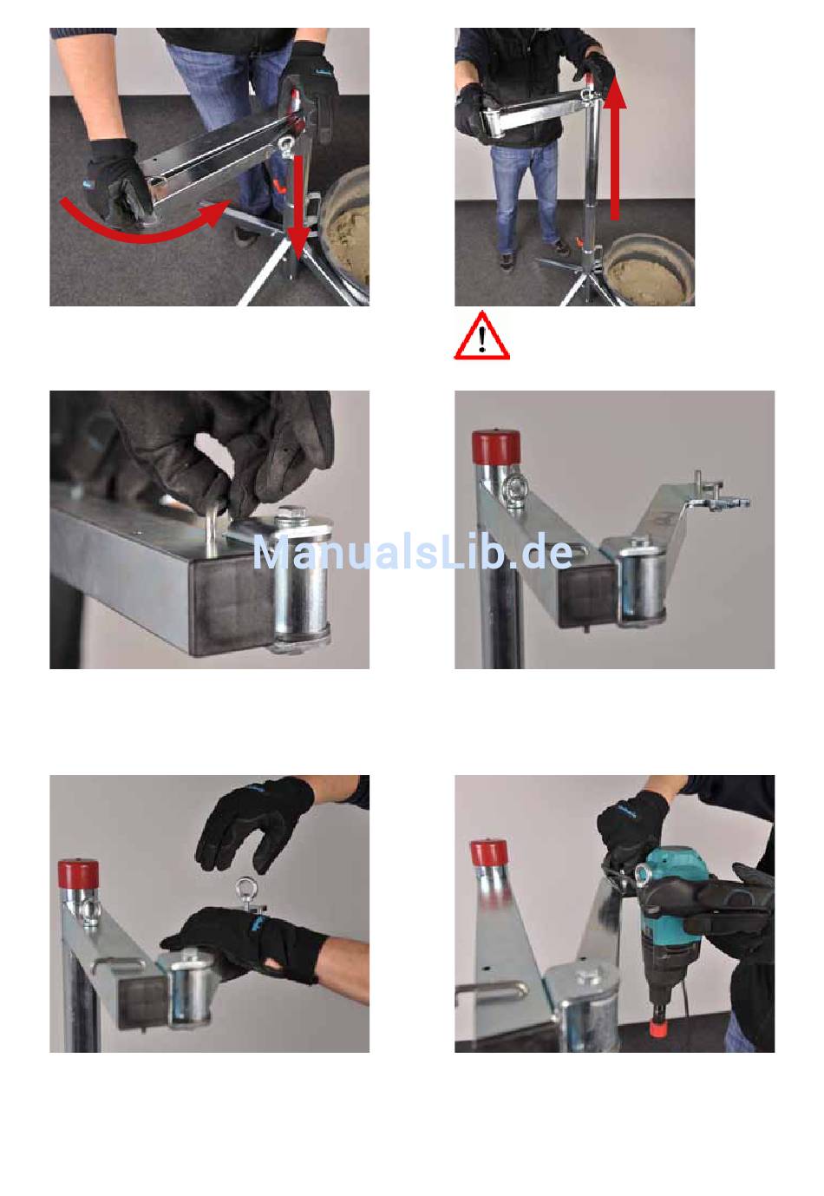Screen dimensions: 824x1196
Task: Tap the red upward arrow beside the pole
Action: [x=615, y=147]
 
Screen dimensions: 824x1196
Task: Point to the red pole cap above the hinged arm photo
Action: [x=497, y=448]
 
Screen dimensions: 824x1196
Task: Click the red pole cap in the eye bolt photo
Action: [x=78, y=876]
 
